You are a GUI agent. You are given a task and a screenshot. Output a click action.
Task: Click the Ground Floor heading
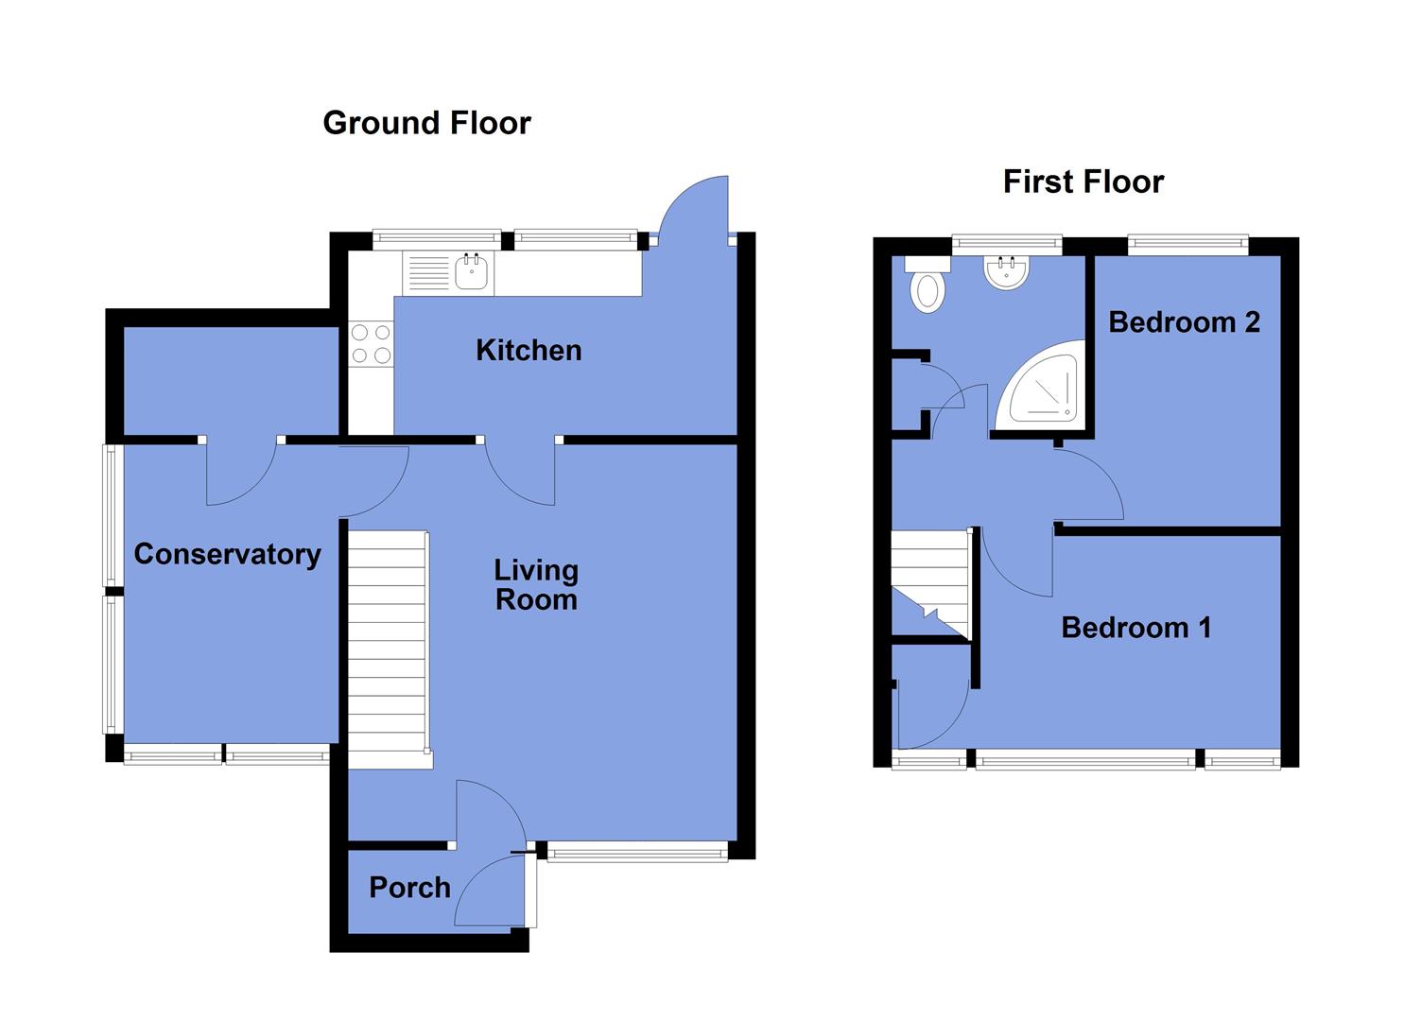click(x=426, y=123)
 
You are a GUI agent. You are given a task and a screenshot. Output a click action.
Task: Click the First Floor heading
click(x=1083, y=182)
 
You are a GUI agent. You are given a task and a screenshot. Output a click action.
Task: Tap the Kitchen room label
click(x=528, y=351)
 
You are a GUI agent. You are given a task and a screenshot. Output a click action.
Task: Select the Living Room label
click(x=536, y=584)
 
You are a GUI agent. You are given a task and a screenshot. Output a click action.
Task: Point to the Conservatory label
click(x=227, y=554)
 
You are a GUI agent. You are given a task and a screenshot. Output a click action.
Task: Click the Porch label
click(x=409, y=888)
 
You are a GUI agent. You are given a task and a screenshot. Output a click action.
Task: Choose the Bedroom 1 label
click(x=1135, y=628)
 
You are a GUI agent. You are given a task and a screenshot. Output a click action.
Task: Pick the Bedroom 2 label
click(x=1184, y=322)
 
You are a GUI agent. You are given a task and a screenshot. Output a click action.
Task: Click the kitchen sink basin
click(x=471, y=273)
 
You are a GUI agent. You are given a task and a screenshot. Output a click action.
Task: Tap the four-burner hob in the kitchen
click(x=371, y=344)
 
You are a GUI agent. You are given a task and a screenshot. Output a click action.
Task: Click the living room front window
click(x=637, y=853)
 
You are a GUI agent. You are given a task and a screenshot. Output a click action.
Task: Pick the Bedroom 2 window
click(x=1187, y=245)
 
